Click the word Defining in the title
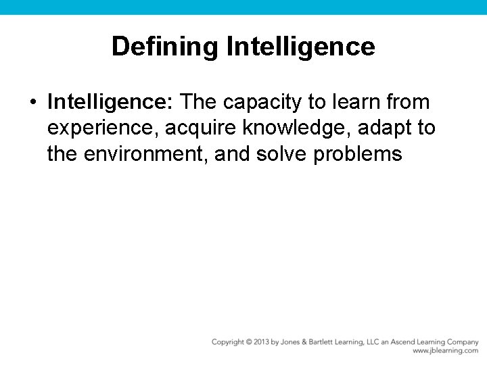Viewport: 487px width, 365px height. (x=165, y=47)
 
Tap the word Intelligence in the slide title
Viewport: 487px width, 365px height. (x=301, y=47)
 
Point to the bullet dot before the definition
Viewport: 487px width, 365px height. (x=32, y=103)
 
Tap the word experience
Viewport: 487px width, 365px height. (x=99, y=128)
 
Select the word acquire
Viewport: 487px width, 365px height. (x=195, y=128)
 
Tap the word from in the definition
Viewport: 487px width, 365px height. (x=408, y=102)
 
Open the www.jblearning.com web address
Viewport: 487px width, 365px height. (x=445, y=351)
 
